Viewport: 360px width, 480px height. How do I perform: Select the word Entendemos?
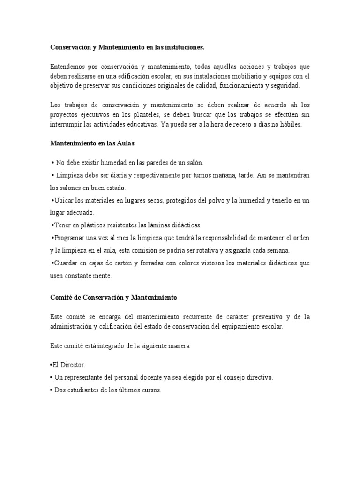click(x=67, y=66)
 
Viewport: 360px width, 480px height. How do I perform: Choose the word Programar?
click(x=70, y=238)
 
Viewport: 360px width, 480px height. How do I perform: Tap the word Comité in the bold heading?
click(x=60, y=297)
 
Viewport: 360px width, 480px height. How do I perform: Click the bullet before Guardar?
click(x=52, y=263)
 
